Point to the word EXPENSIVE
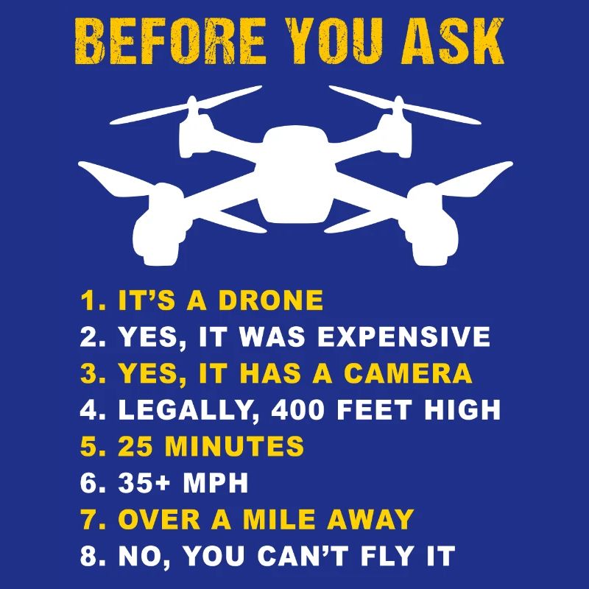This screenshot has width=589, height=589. (x=403, y=337)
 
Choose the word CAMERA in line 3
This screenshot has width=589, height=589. (x=408, y=373)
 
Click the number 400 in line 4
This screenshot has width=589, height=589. (x=302, y=410)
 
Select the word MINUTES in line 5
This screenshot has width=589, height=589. (x=234, y=446)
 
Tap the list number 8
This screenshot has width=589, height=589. (x=89, y=556)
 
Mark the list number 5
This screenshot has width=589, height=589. (x=89, y=446)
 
